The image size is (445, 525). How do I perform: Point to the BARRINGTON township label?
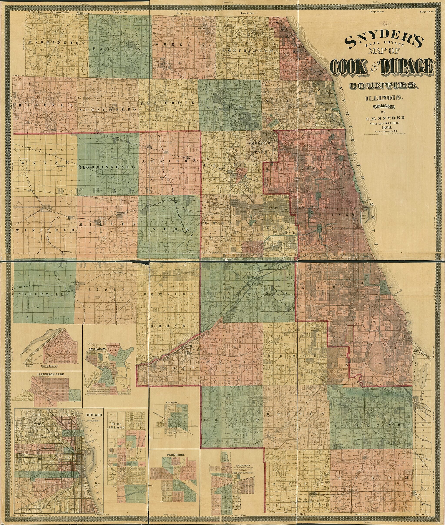coord(56,43)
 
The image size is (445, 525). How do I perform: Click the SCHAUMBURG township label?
coord(108,110)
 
